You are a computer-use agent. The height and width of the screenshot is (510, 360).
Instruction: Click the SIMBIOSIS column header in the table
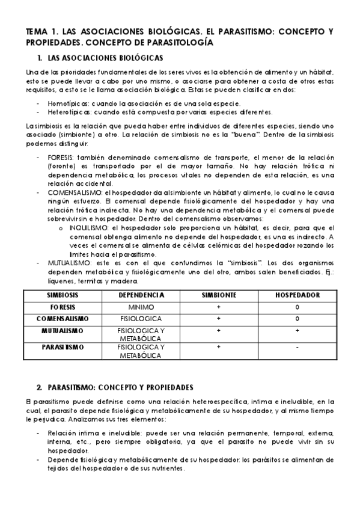pyautogui.click(x=63, y=295)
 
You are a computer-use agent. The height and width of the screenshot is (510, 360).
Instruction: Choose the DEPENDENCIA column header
pyautogui.click(x=141, y=295)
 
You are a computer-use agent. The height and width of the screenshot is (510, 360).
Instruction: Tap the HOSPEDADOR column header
pyautogui.click(x=297, y=295)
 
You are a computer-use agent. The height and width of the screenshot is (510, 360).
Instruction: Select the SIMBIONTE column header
pyautogui.click(x=219, y=295)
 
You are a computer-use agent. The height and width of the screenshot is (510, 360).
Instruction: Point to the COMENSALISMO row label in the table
pyautogui.click(x=63, y=318)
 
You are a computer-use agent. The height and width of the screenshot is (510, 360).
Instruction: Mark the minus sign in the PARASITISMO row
pyautogui.click(x=297, y=347)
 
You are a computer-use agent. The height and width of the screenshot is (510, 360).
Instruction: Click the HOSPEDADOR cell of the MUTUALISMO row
pyautogui.click(x=297, y=330)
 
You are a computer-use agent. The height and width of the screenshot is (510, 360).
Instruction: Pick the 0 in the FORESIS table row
pyautogui.click(x=297, y=307)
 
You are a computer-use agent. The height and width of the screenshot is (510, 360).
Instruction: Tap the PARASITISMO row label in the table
pyautogui.click(x=63, y=347)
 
